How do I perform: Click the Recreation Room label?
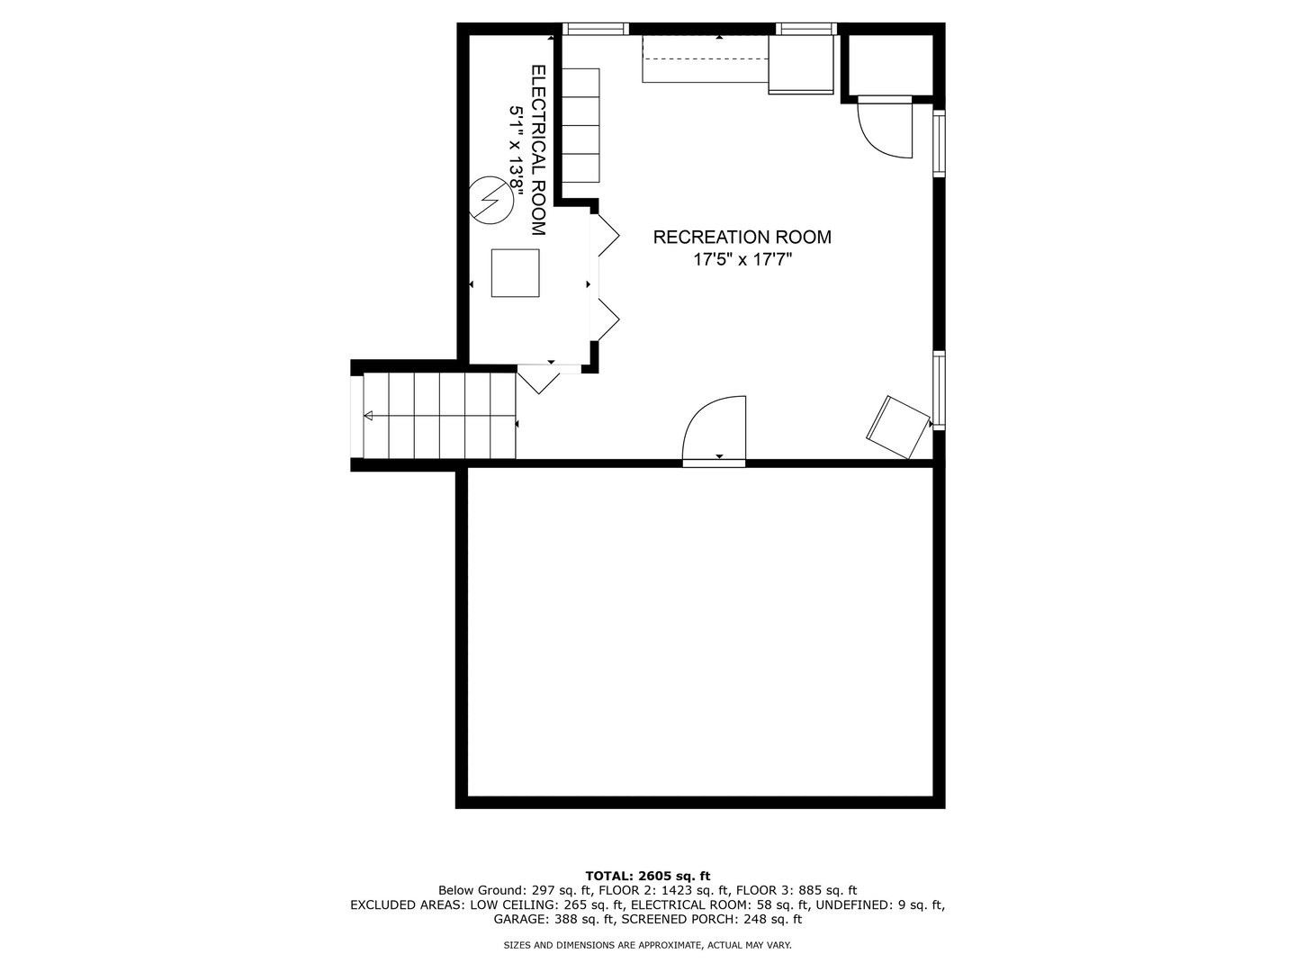click(742, 238)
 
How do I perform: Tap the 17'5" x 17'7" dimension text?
click(742, 259)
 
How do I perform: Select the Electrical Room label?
click(538, 150)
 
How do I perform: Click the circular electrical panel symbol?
click(490, 201)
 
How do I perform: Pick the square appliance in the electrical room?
click(515, 273)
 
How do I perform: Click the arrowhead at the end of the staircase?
click(368, 416)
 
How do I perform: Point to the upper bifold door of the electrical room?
click(608, 235)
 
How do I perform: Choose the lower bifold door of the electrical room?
click(608, 319)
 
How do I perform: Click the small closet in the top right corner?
click(890, 64)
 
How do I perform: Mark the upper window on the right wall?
click(939, 143)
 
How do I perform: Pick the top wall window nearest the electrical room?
click(595, 29)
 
